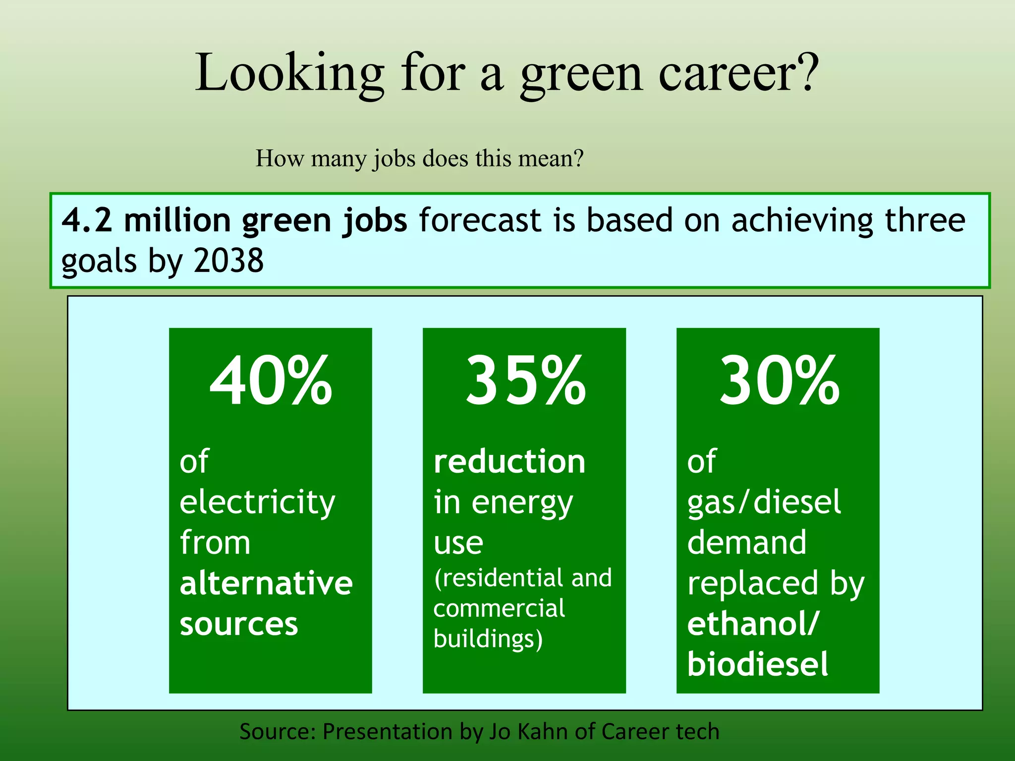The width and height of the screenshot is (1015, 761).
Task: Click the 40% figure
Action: [271, 380]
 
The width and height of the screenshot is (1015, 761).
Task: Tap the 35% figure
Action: [525, 380]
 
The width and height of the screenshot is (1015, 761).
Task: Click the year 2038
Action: [228, 261]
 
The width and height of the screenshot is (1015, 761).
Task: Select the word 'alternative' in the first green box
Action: [266, 583]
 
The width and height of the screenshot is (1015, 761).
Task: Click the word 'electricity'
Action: [257, 502]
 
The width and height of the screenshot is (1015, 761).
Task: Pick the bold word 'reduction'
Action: [509, 462]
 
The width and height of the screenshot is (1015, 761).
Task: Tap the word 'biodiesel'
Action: [757, 664]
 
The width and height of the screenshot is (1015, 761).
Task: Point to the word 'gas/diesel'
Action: [764, 502]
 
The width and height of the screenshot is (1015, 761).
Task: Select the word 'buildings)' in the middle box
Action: [488, 639]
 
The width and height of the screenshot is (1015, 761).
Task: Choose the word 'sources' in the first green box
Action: [239, 623]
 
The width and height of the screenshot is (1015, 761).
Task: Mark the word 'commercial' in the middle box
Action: [499, 608]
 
